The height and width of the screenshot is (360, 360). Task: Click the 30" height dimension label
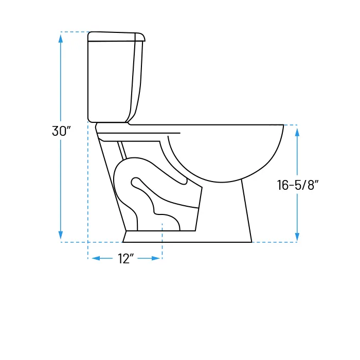point(61,131)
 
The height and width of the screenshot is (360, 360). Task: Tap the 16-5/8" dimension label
point(298,185)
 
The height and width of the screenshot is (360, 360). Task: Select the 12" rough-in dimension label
point(125,259)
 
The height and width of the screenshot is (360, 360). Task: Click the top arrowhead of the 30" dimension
point(61,39)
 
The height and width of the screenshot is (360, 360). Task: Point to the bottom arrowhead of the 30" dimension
point(61,235)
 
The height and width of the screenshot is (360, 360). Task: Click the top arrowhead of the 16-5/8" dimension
point(297,132)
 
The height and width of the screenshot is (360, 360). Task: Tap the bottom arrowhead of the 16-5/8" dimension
point(297,237)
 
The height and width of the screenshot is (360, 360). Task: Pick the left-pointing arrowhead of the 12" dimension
point(96,258)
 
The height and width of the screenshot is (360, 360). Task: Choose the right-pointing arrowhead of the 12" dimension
point(156,258)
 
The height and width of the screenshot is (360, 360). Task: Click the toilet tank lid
point(116,37)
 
